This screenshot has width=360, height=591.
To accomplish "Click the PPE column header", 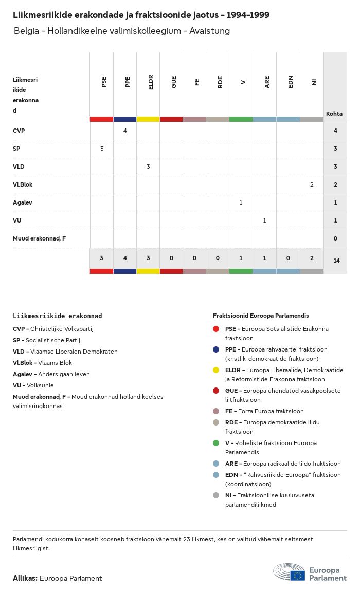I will (128, 82).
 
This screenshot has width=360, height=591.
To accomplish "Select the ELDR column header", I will (151, 82).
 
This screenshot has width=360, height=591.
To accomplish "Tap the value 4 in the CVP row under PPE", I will (125, 131).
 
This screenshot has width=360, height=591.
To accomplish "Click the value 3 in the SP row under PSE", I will (102, 149).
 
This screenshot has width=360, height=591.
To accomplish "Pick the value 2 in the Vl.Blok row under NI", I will (312, 184).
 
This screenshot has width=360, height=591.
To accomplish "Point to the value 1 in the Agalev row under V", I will (241, 202).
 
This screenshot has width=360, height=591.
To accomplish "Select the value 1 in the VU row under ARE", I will (264, 220).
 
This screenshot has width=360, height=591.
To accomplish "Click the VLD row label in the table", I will (19, 167).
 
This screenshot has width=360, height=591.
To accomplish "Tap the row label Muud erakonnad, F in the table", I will (39, 238).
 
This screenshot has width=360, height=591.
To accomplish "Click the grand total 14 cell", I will (336, 261).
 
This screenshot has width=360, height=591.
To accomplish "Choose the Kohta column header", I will (334, 114).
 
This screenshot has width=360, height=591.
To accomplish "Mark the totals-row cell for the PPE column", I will (125, 257).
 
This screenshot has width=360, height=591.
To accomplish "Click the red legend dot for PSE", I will (217, 329).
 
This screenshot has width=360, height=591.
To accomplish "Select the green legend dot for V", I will (217, 443).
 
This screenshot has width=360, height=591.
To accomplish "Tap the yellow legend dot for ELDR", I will (217, 370).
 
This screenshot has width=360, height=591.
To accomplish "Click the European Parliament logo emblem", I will (289, 571).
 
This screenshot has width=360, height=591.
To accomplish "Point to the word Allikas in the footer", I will (25, 578).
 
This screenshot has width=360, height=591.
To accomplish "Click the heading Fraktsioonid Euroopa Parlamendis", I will (261, 316).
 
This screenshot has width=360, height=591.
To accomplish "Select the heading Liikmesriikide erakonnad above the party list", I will (57, 316).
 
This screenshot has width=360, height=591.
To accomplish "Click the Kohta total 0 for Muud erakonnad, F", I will (335, 238).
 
